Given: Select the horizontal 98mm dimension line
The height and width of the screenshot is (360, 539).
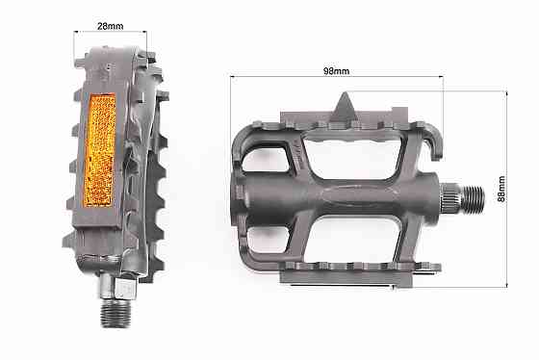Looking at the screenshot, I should click(x=335, y=80).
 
